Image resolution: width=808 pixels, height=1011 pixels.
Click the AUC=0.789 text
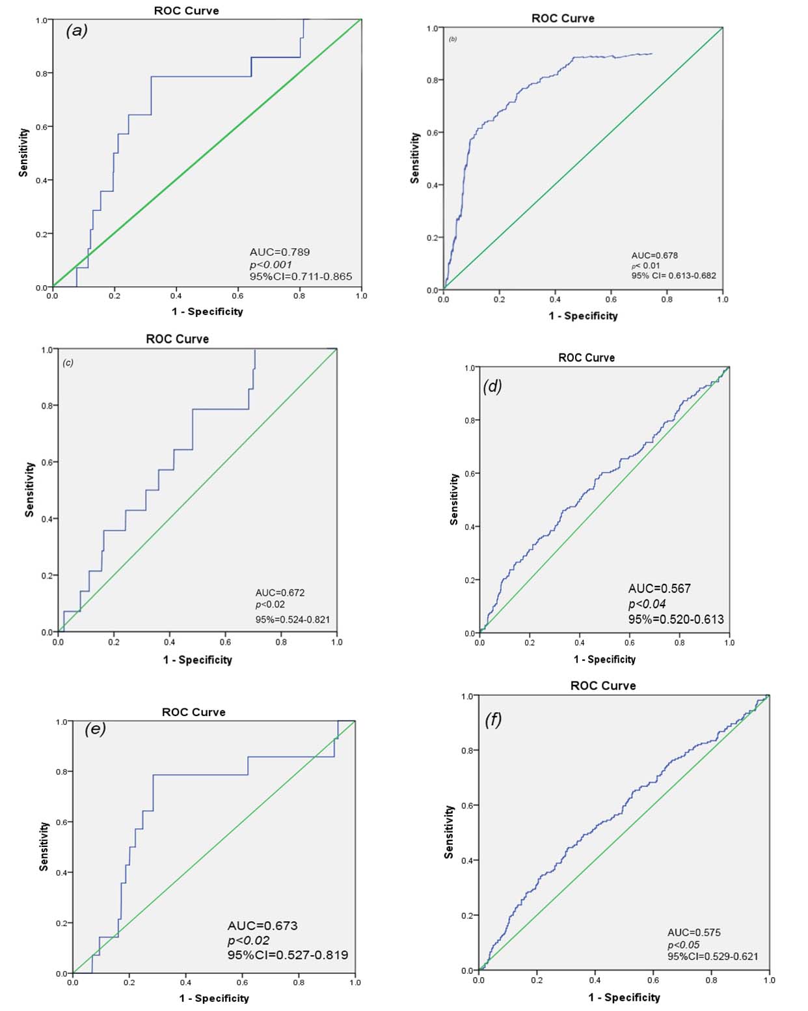pos(280,252)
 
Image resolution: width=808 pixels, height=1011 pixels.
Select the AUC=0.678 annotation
pos(654,255)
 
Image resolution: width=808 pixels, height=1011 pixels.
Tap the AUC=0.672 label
pos(280,592)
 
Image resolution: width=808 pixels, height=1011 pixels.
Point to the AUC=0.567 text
pos(659,589)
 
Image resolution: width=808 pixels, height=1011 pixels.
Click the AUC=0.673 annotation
pos(262,925)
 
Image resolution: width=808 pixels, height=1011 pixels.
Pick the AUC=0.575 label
pos(694,932)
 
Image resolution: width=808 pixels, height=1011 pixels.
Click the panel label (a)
pos(77,31)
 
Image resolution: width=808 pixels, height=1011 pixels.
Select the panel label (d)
pos(492,387)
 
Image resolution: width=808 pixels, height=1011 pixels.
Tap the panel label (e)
pos(95,728)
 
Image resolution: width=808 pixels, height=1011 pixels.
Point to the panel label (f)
pos(493,720)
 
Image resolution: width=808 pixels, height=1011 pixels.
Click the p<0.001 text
pos(271,264)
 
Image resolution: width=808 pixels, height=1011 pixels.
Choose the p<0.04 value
pos(647,603)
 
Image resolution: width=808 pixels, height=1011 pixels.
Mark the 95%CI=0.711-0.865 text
pos(301,277)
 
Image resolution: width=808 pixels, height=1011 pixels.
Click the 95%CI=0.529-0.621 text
pos(712,956)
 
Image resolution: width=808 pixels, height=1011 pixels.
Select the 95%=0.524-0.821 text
pos(292,619)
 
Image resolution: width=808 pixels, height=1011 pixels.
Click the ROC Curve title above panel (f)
pos(603,686)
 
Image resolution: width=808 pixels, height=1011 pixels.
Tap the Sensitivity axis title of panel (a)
pos(24,152)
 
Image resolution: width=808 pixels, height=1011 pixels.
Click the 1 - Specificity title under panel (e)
pos(214,998)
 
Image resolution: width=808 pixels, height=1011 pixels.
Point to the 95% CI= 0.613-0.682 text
pos(673,275)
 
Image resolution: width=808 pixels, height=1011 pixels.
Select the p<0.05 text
pos(683,945)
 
